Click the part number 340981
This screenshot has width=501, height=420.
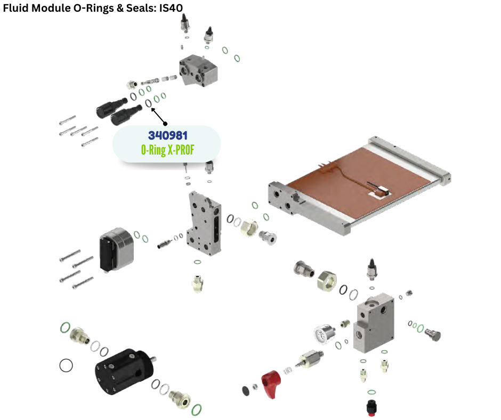(x=168, y=135)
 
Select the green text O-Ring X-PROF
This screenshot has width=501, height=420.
(x=168, y=150)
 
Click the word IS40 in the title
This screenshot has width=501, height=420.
(x=171, y=7)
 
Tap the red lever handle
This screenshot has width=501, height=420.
(x=271, y=384)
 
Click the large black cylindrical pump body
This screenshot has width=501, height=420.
(x=125, y=371)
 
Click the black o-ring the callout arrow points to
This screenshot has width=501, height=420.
(x=149, y=103)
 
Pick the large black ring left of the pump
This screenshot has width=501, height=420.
(x=66, y=365)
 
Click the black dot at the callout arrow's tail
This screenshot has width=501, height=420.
(x=165, y=124)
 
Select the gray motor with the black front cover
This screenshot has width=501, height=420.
(x=116, y=249)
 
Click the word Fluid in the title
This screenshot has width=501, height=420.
(x=16, y=7)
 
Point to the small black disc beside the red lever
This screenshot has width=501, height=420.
(x=246, y=391)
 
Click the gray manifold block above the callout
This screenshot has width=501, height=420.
(x=198, y=70)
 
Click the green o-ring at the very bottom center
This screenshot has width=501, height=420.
(x=197, y=409)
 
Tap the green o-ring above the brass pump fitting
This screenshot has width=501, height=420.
(x=65, y=327)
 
